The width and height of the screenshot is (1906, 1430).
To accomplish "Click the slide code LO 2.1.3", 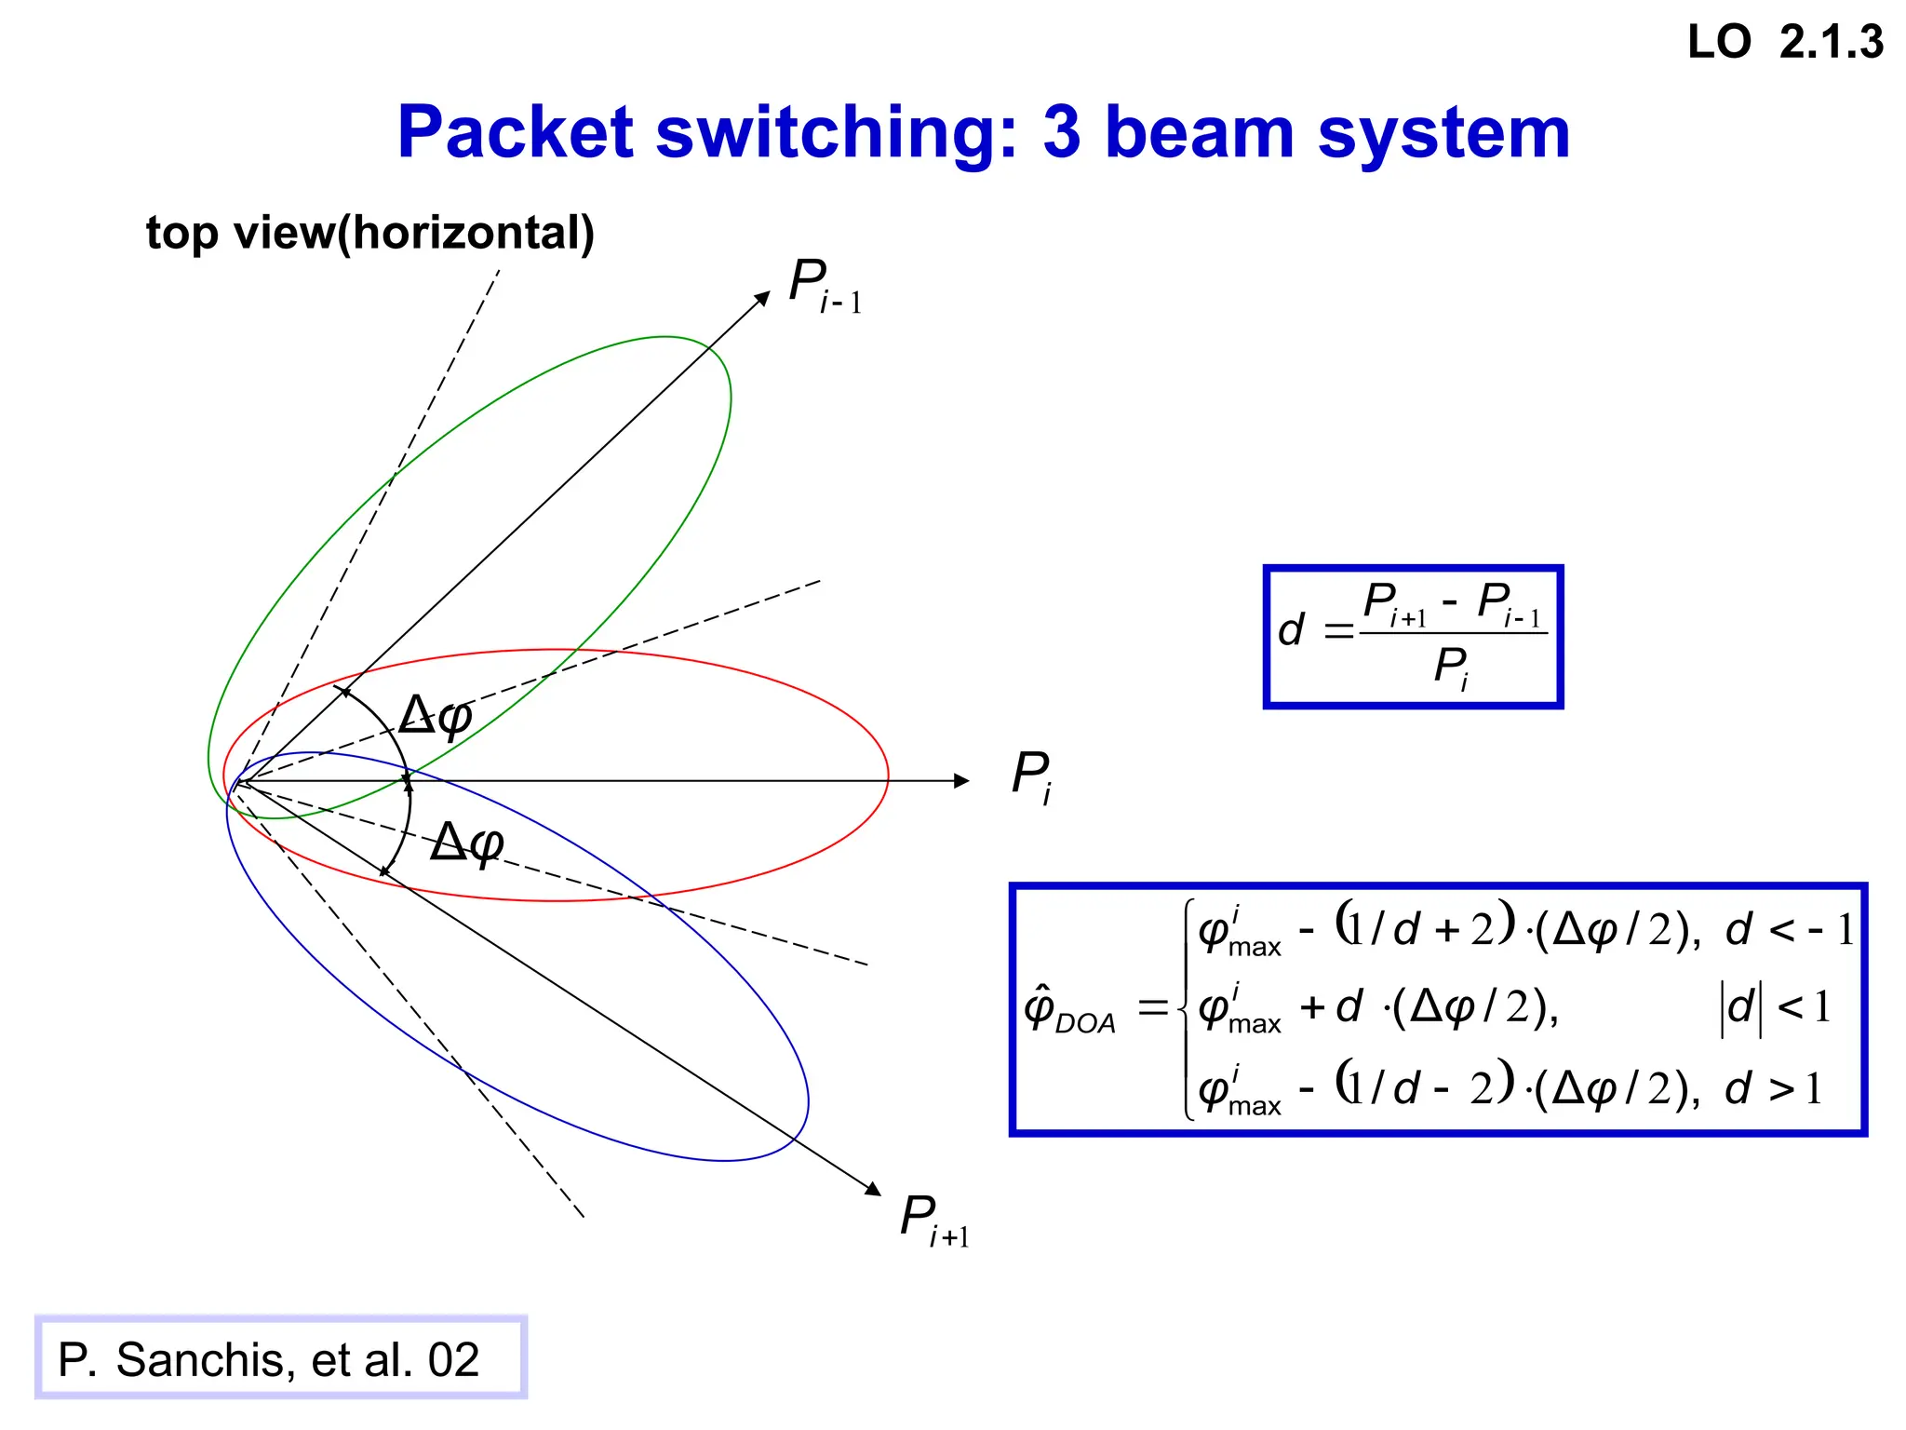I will [1785, 43].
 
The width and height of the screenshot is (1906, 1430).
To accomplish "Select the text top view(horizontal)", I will [369, 233].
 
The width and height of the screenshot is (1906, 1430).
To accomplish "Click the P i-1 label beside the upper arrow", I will [824, 286].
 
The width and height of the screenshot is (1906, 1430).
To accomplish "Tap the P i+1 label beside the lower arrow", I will [933, 1221].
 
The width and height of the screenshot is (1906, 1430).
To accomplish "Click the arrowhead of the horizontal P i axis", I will [962, 781].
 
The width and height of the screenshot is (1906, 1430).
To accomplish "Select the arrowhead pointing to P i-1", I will [763, 298].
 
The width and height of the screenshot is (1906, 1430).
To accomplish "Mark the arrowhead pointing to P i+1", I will [873, 1189].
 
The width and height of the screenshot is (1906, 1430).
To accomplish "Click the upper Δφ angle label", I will [436, 716].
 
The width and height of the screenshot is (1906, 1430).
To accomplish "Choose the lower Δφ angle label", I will [467, 843].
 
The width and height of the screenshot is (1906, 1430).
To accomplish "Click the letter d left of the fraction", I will [1290, 630].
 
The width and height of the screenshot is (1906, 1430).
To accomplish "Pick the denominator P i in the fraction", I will [1451, 668].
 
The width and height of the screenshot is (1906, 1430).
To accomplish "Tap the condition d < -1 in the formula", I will [1789, 929].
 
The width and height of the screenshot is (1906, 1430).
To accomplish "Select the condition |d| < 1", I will [1775, 1008].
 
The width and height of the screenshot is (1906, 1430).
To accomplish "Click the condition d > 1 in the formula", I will [1773, 1088].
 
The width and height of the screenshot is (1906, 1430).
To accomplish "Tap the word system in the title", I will [1444, 132].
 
